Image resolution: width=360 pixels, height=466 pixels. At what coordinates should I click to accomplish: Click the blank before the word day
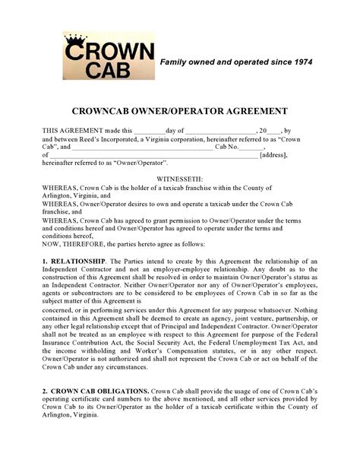(x=150, y=131)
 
